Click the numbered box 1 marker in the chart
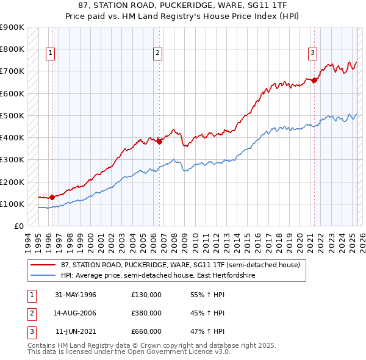click(49, 53)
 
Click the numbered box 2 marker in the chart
click(157, 53)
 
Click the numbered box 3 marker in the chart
click(312, 53)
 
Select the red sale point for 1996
click(52, 197)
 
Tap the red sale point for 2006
click(159, 142)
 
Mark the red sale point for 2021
click(315, 80)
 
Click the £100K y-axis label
click(12, 204)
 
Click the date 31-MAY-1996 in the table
click(76, 295)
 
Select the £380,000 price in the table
click(146, 313)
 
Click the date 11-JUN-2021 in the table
click(76, 331)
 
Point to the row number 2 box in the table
click(31, 313)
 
